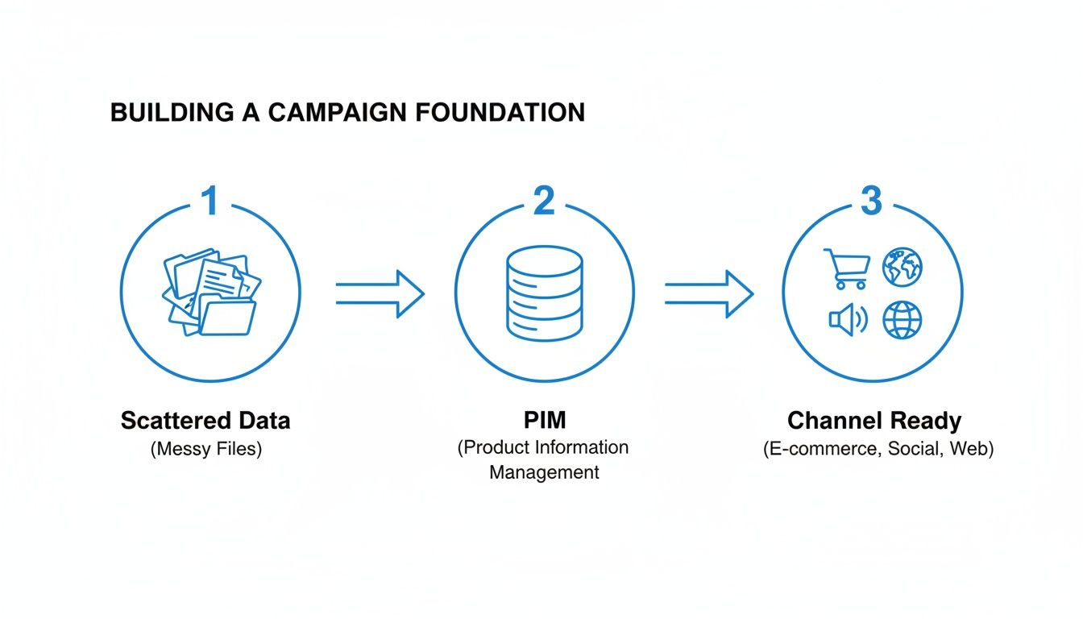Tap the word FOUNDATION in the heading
pos(501,113)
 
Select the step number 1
pos(210,201)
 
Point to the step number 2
pos(545,201)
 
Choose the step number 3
pos(871,201)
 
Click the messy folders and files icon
pos(210,293)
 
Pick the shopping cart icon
pos(846,268)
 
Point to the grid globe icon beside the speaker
pos(902,321)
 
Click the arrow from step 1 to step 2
pos(379,294)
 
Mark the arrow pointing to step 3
pos(708,294)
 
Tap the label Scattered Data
pos(205,420)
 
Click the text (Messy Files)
pos(206,449)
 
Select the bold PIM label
pos(544,420)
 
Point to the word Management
pos(544,472)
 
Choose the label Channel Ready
pos(874,420)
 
